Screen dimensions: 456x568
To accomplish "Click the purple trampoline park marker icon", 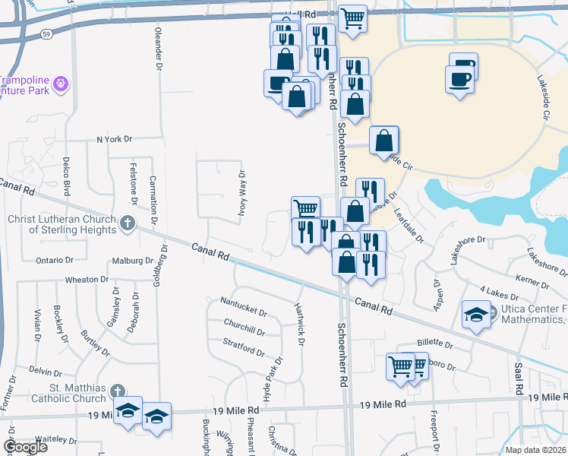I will [x=62, y=83].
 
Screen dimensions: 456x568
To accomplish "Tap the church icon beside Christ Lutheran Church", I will [x=128, y=223].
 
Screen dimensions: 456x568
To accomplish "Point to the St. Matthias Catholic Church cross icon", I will [x=117, y=391].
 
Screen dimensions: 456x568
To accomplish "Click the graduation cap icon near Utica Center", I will [x=476, y=313].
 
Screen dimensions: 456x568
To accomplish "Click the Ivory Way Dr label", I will [x=241, y=194].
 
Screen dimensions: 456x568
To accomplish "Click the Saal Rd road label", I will [x=519, y=377].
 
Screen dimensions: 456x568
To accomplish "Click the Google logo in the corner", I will [x=26, y=448].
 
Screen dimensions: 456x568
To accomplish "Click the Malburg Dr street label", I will [x=133, y=260].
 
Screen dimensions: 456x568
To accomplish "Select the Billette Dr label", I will [x=434, y=344].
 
